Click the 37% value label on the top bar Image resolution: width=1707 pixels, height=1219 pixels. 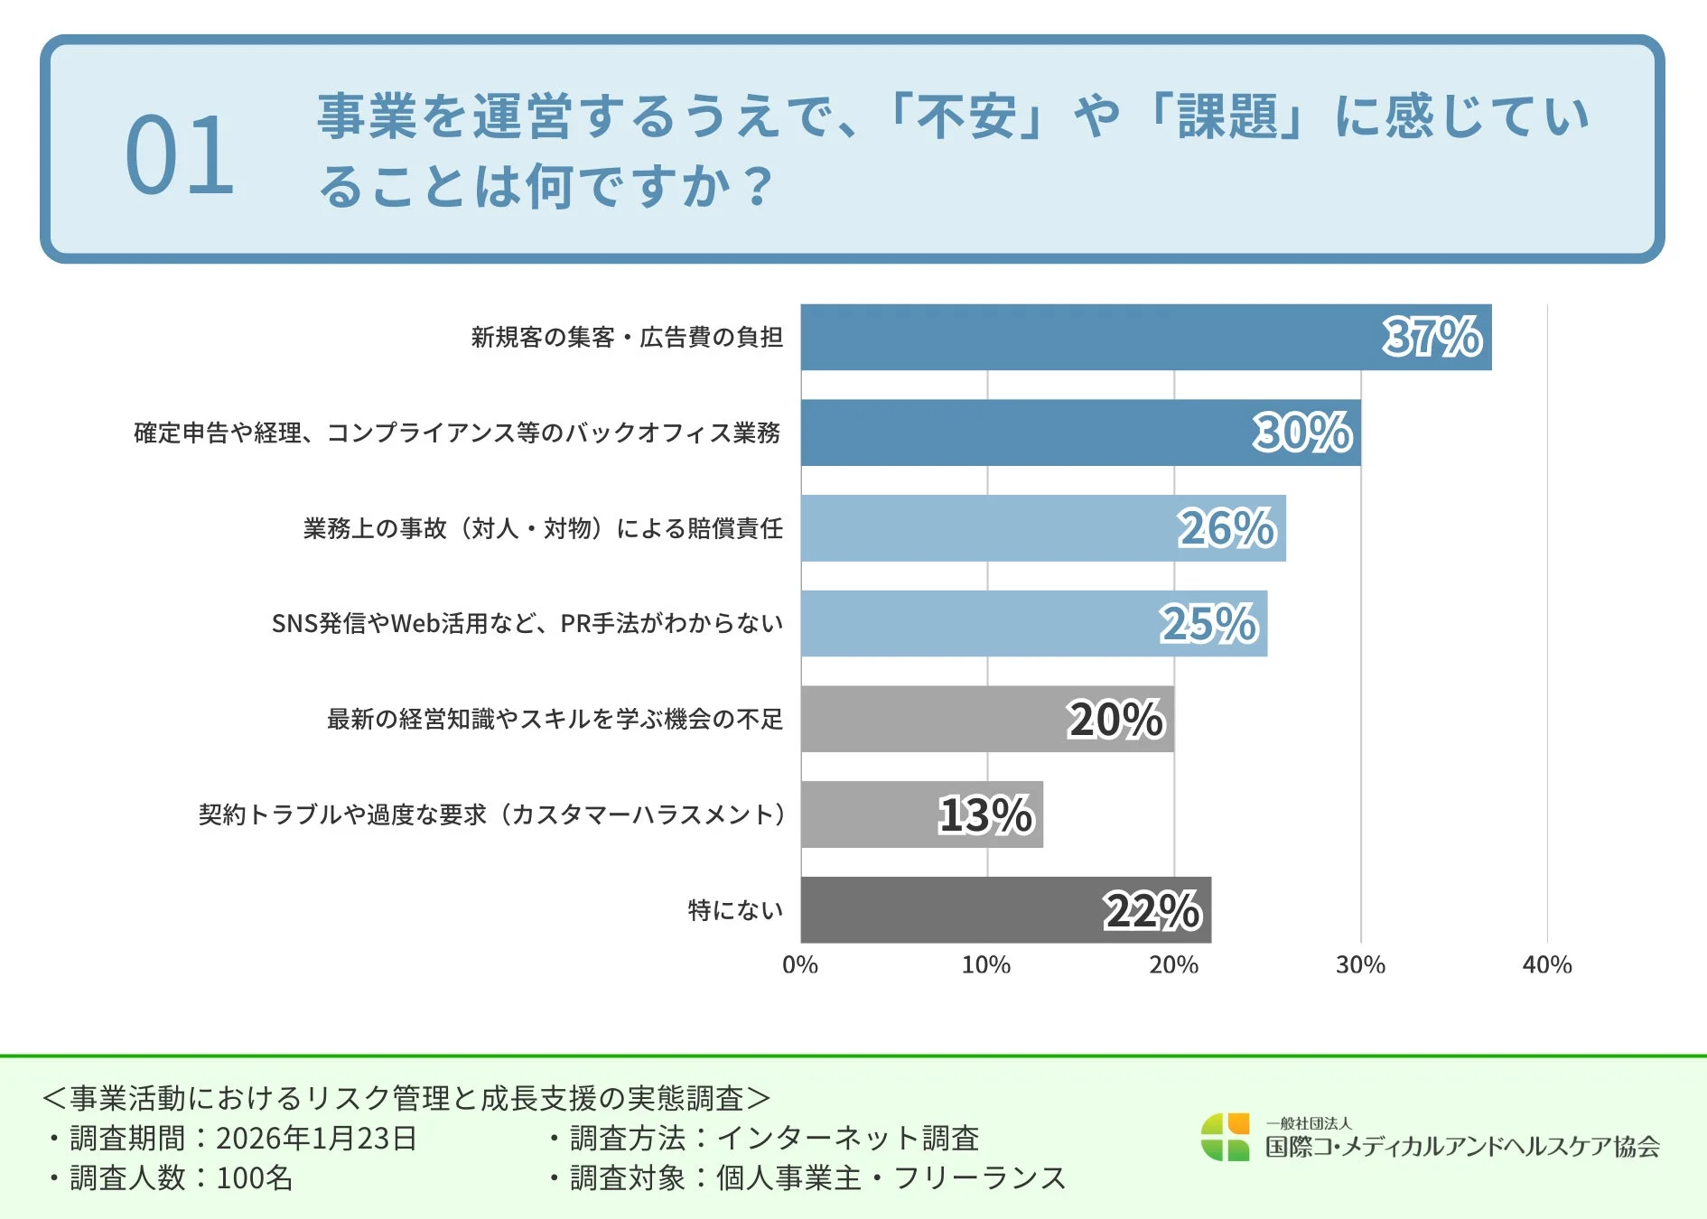(x=1432, y=337)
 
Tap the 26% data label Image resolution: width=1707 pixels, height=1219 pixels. (x=1227, y=528)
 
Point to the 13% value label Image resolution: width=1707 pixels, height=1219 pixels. (x=985, y=815)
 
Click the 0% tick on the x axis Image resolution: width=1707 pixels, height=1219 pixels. (x=800, y=965)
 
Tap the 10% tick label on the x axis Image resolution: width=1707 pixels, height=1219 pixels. (x=986, y=965)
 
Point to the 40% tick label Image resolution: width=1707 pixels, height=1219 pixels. (x=1547, y=965)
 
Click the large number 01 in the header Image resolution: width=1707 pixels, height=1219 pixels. (x=180, y=155)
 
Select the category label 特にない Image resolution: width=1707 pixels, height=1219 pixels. (x=735, y=910)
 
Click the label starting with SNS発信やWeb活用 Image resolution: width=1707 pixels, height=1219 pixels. (x=527, y=624)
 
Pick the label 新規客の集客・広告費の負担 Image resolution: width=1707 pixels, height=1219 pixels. (x=627, y=338)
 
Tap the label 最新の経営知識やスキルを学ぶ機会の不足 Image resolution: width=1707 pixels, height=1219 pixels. (x=555, y=720)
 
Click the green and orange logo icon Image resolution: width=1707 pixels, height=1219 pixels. (x=1225, y=1137)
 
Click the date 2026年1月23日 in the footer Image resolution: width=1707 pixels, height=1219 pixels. (x=316, y=1138)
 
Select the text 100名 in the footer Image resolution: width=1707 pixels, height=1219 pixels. (x=255, y=1178)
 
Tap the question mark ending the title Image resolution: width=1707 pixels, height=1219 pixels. (x=760, y=186)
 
